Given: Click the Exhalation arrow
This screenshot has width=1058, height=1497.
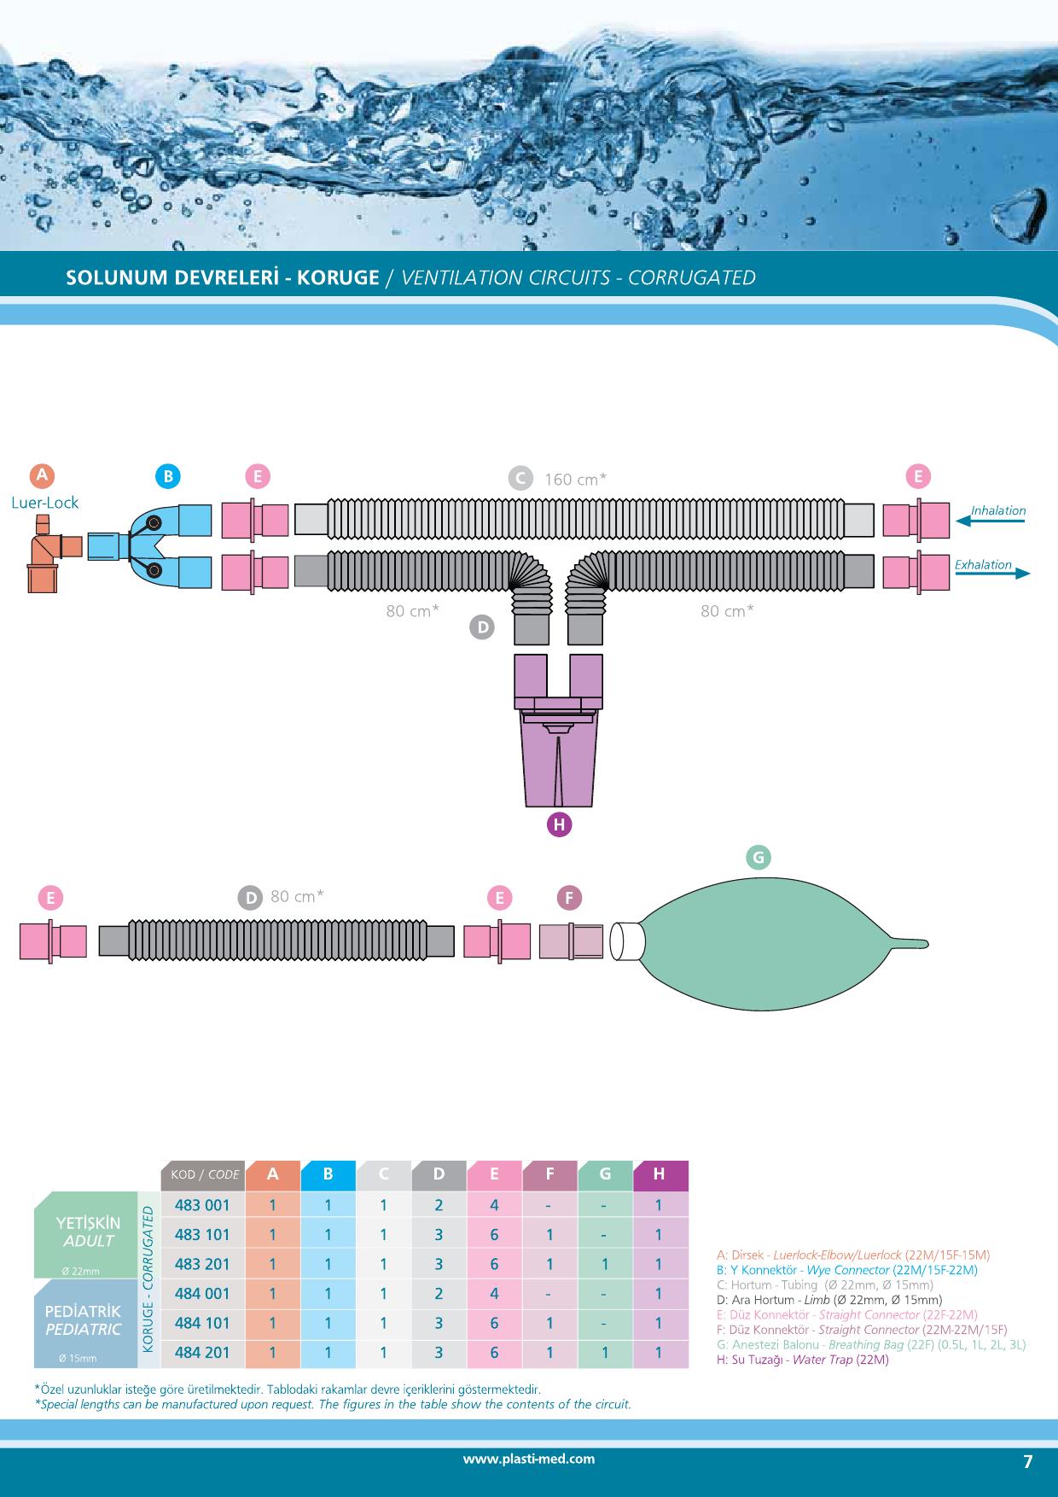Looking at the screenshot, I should pyautogui.click(x=993, y=573).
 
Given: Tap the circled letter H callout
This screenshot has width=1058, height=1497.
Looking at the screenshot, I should pyautogui.click(x=559, y=824).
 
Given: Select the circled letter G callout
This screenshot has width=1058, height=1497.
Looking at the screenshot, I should pyautogui.click(x=758, y=857).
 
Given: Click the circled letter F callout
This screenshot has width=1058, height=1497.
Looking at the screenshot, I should pyautogui.click(x=569, y=898).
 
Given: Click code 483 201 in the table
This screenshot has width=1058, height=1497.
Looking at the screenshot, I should pyautogui.click(x=202, y=1264).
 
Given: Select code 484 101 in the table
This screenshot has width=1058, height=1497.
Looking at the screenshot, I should pyautogui.click(x=202, y=1323).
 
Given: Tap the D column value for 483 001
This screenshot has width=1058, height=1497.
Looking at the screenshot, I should pyautogui.click(x=439, y=1205).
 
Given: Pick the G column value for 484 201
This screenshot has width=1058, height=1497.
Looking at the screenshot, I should pyautogui.click(x=605, y=1353).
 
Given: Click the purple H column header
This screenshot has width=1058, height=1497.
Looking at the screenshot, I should pyautogui.click(x=660, y=1174).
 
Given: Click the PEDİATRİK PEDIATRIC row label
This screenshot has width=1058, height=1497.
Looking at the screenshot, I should pyautogui.click(x=84, y=1320).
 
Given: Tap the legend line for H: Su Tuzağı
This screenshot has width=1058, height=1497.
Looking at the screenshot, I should pyautogui.click(x=803, y=1360).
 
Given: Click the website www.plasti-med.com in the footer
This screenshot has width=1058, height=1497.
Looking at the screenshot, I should pyautogui.click(x=529, y=1459).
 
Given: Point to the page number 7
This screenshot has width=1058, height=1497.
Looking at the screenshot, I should pyautogui.click(x=1027, y=1462).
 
